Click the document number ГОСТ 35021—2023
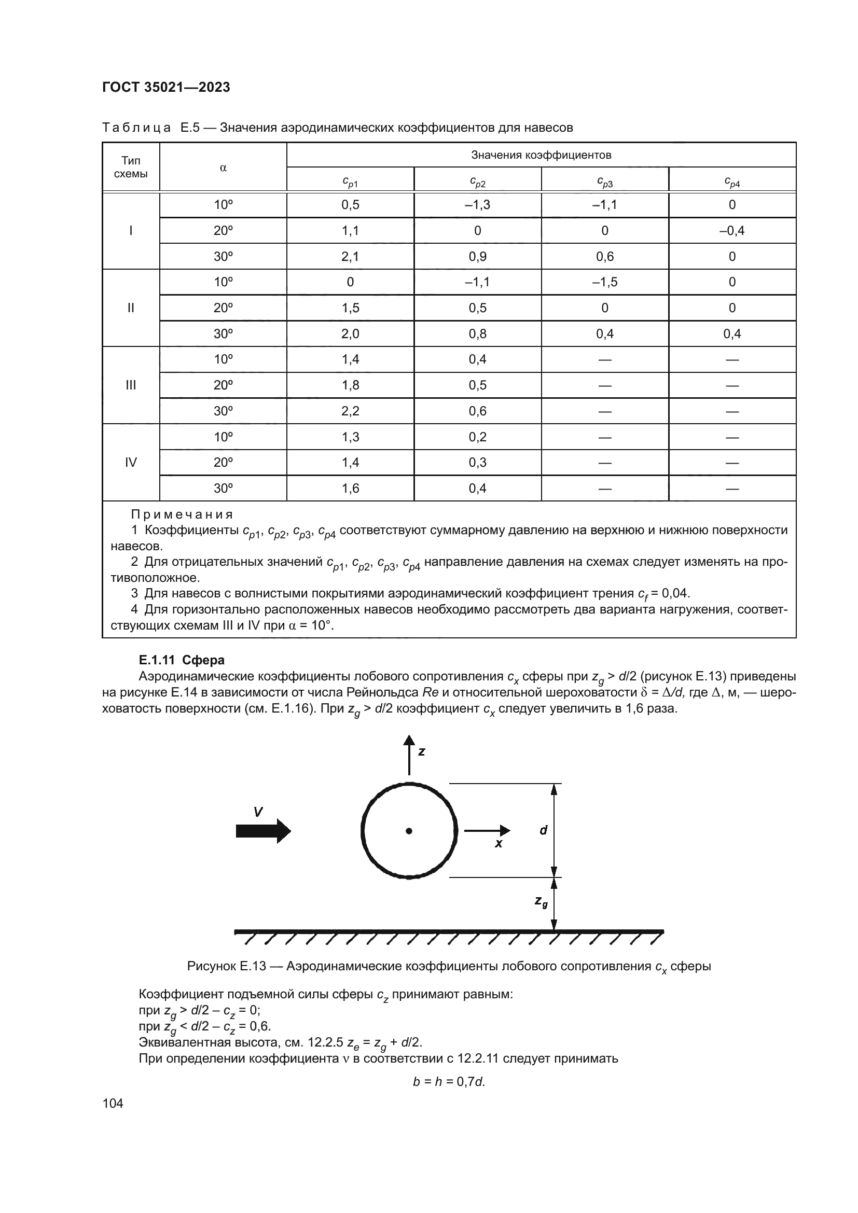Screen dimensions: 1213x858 (x=166, y=87)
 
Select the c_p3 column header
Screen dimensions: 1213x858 (x=604, y=182)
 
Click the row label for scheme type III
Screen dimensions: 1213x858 (x=131, y=385)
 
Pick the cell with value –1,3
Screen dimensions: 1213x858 (x=477, y=205)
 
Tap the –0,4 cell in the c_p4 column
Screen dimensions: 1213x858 (x=732, y=231)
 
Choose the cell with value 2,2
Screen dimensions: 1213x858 (x=350, y=411)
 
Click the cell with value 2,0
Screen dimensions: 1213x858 (x=350, y=334)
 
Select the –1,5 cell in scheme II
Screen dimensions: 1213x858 (x=604, y=282)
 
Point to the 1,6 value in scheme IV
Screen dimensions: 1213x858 (x=350, y=488)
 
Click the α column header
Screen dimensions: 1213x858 (x=223, y=168)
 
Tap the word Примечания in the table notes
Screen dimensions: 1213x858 (x=182, y=514)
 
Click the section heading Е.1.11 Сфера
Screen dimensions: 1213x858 (x=181, y=660)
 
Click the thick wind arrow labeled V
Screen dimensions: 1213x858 (x=263, y=831)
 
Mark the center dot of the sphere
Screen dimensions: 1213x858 (x=409, y=830)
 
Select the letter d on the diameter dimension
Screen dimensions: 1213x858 (x=543, y=830)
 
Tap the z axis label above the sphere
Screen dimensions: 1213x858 (x=422, y=751)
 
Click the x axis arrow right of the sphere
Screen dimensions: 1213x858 (x=487, y=830)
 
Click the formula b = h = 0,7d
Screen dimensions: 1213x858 (x=449, y=1081)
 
